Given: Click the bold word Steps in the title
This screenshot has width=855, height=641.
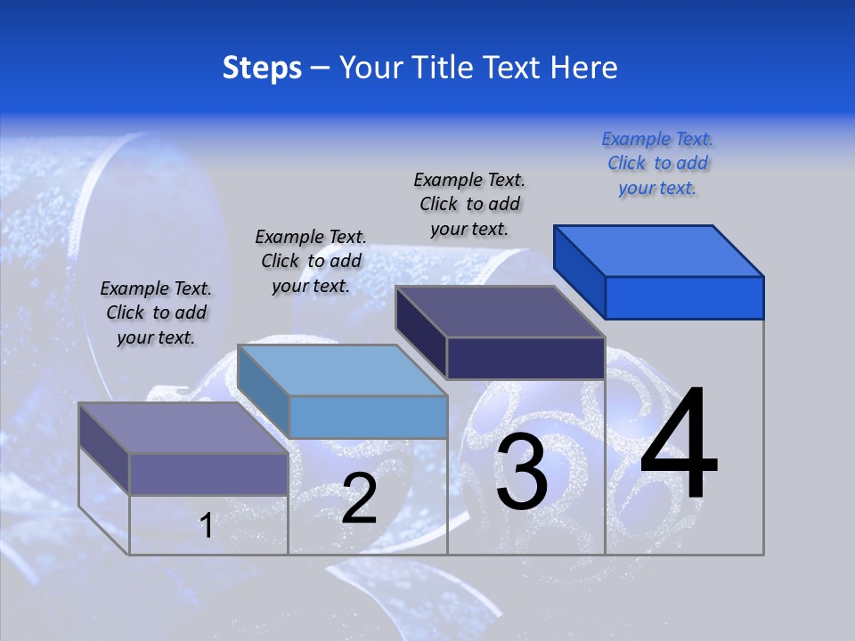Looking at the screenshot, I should pos(261,68).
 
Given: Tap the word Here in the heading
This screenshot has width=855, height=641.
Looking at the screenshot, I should pos(584,68).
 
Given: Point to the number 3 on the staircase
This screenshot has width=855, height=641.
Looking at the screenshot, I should pos(521,472).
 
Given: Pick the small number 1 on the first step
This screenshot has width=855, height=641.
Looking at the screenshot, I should pos(206,526).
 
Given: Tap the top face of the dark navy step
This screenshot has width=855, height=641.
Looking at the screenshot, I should pos(500,312).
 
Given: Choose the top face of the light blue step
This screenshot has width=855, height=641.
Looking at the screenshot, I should pos(342,370).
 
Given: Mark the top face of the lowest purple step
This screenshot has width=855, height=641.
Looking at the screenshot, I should pos(183,428).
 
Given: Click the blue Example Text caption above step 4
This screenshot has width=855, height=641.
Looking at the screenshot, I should pos(657,164).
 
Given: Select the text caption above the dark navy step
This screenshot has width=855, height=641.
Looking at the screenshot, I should pos(469,205).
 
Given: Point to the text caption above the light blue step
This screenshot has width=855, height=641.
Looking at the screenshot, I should pos(311,261).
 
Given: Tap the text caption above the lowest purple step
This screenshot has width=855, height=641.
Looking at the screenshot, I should pos(156,312).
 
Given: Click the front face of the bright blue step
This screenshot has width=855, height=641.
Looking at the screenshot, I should pos(684,297).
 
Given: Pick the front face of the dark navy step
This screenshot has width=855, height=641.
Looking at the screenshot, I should pos(525,358).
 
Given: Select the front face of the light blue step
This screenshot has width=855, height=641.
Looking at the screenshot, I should pos(368,417).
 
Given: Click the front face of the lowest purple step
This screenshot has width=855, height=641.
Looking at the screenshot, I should pos(208,474).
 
